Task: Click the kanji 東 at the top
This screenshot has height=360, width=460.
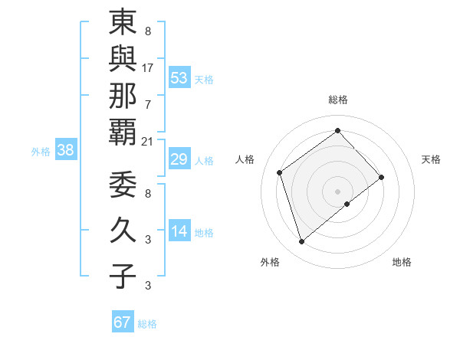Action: click(122, 22)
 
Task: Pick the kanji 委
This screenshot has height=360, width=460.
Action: click(122, 184)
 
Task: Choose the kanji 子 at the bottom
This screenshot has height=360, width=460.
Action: click(122, 275)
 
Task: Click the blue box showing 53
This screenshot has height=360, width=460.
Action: click(179, 77)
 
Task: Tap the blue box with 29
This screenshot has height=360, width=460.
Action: click(179, 159)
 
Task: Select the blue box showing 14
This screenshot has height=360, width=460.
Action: click(179, 231)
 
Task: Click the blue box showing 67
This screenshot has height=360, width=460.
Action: click(123, 322)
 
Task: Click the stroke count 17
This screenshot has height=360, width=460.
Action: click(147, 68)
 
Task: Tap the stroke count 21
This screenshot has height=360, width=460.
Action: click(147, 140)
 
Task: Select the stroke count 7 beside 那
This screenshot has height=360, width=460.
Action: click(147, 103)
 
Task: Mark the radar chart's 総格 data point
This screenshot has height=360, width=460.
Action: click(337, 130)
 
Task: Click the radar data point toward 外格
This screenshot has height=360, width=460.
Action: click(301, 242)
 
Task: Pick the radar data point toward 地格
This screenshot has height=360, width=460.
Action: click(347, 204)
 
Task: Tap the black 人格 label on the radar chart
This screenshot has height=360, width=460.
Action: click(245, 159)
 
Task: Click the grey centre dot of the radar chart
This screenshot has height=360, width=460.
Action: click(337, 190)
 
